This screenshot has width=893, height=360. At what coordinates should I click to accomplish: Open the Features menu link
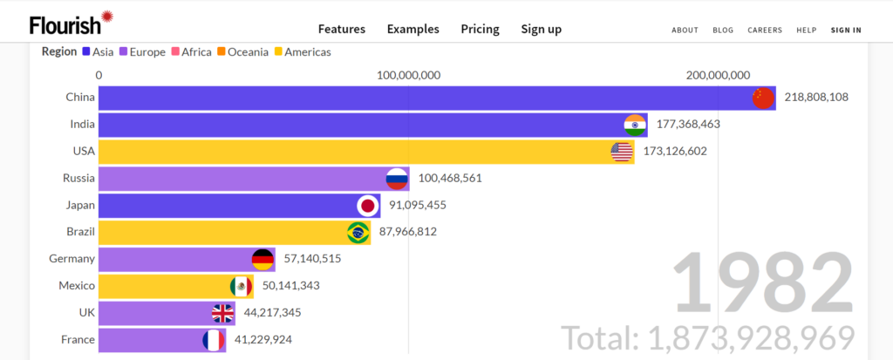click(x=342, y=29)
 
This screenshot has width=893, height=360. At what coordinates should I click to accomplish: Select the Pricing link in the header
click(x=480, y=29)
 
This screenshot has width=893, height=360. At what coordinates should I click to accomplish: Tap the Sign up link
click(x=542, y=29)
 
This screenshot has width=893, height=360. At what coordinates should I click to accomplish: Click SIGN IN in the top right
click(x=846, y=30)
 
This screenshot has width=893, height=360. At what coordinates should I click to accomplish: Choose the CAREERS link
click(x=765, y=30)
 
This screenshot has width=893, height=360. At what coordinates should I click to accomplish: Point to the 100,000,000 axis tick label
click(x=408, y=75)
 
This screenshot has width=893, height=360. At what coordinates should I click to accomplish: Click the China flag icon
click(x=763, y=98)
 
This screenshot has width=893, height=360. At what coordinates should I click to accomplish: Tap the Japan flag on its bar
click(x=368, y=206)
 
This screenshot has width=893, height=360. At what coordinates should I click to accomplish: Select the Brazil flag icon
click(x=358, y=233)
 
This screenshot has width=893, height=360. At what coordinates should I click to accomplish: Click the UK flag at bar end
click(x=222, y=313)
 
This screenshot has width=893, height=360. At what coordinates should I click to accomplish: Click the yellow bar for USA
click(x=349, y=152)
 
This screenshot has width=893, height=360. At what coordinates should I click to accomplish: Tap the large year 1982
click(x=762, y=282)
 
